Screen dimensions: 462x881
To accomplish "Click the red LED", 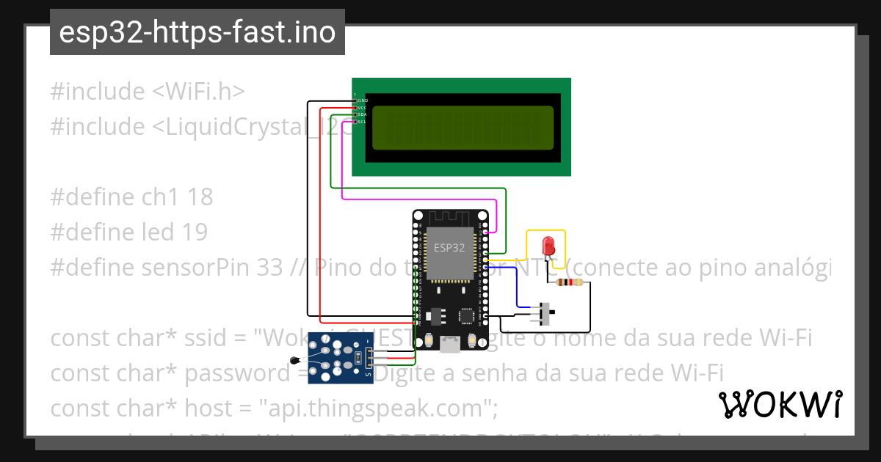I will click(547, 245).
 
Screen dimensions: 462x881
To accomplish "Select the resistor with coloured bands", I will click(570, 282).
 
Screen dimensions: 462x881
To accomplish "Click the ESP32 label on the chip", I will click(449, 248).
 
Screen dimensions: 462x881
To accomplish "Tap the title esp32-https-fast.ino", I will click(197, 32).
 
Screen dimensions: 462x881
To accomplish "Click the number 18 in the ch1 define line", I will click(200, 197).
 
